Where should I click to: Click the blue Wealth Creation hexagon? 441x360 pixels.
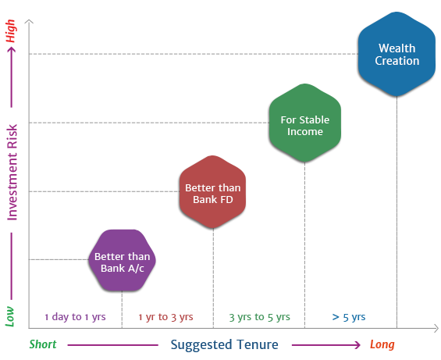[397, 54]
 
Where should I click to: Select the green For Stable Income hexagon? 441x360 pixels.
[305, 123]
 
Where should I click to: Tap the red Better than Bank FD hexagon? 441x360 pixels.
[212, 191]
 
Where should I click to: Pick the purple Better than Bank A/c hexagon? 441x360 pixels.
[122, 260]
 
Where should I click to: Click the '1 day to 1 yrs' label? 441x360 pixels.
[75, 317]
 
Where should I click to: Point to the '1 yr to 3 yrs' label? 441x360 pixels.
[165, 317]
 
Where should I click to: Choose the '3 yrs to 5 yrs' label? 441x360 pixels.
[259, 317]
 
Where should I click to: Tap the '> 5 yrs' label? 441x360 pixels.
[349, 317]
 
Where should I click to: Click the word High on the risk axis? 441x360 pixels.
[10, 31]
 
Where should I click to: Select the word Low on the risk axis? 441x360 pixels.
[10, 316]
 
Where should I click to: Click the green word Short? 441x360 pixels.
[43, 344]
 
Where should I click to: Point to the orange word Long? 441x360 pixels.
[382, 344]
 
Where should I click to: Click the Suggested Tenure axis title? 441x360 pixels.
[225, 344]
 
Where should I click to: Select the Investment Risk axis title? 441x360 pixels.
[12, 173]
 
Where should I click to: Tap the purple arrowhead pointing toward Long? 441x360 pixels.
[357, 345]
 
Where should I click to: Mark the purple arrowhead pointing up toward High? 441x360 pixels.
[11, 50]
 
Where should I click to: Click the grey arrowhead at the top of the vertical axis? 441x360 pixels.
[29, 21]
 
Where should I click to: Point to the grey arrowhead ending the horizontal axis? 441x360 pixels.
[436, 328]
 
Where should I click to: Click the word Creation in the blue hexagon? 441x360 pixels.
[397, 61]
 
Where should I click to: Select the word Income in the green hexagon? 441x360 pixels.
[305, 132]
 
